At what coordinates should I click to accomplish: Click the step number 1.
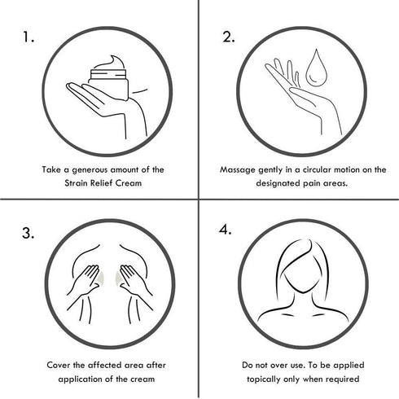28,37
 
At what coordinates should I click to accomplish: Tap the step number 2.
229,37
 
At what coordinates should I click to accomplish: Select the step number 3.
28,234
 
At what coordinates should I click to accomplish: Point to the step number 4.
226,230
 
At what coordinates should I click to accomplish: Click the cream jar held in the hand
108,84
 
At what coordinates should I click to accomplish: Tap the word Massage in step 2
238,170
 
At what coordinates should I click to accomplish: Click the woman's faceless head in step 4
302,269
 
